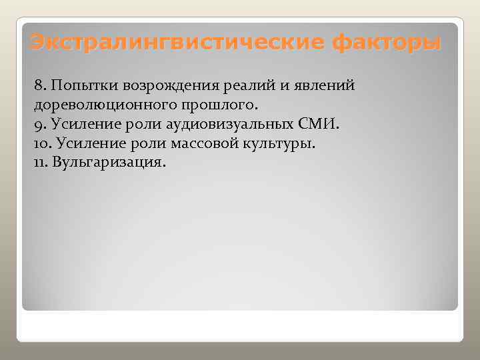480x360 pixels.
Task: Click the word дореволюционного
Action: pyautogui.click(x=98, y=105)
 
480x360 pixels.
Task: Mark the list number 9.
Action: pyautogui.click(x=38, y=125)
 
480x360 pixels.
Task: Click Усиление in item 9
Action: pyautogui.click(x=78, y=125)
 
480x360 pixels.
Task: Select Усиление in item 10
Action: pyautogui.click(x=85, y=144)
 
